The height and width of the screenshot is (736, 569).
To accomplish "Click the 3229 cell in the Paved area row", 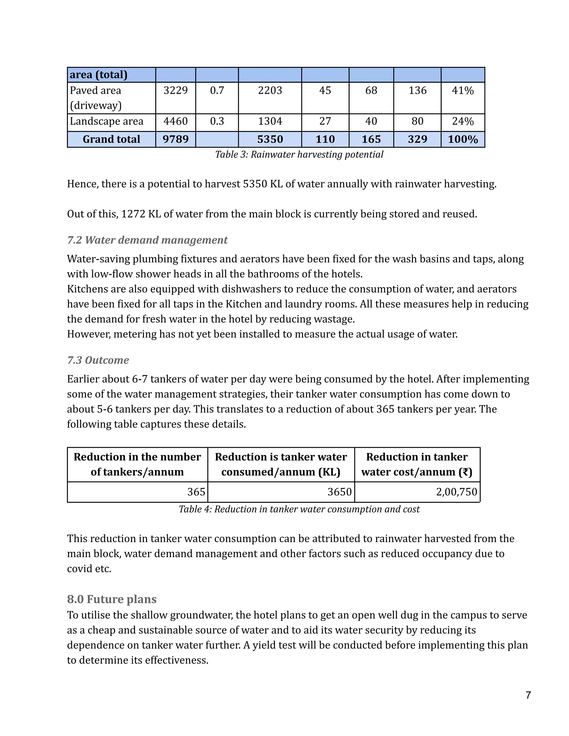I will (x=175, y=90).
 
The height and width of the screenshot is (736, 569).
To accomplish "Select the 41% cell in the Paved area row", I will (x=463, y=90).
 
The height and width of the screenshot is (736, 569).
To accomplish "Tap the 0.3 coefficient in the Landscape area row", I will (x=217, y=121).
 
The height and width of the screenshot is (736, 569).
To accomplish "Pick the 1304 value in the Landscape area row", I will (x=270, y=121).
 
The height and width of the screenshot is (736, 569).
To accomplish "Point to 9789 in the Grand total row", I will (x=175, y=139).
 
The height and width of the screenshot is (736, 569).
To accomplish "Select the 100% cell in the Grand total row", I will (x=463, y=139).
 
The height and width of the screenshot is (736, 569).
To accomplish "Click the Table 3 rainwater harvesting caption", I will (x=299, y=154).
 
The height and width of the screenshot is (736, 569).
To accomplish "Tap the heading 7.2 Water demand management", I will (x=147, y=240).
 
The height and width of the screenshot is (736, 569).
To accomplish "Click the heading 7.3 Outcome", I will (x=98, y=360).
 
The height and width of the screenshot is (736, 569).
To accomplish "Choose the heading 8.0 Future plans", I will (x=112, y=599).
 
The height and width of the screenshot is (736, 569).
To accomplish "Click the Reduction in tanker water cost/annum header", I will (x=417, y=464).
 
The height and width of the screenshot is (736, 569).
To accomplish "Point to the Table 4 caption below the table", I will (x=299, y=509).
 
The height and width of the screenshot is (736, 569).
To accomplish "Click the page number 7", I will (x=528, y=695).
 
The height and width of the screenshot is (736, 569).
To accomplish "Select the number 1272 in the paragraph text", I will (x=133, y=214).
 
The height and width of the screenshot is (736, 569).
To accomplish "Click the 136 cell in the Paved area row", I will (x=417, y=90).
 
